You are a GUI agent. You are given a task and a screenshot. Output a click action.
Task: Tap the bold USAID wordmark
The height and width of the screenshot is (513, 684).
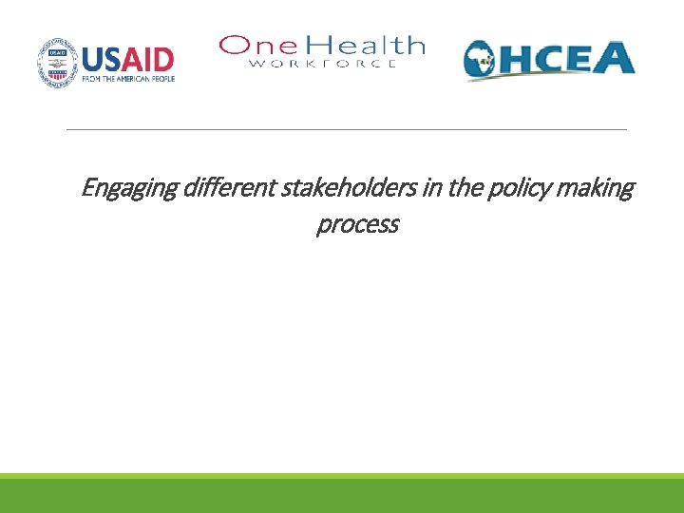128,59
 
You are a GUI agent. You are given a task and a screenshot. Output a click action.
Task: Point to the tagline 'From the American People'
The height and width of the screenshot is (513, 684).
128,81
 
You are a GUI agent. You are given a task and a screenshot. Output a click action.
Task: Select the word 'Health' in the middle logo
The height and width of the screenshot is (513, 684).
365,45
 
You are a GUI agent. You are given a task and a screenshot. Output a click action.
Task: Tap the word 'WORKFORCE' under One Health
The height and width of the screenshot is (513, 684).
322,64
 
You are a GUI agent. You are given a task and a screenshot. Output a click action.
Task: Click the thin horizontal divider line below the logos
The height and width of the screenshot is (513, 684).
347,129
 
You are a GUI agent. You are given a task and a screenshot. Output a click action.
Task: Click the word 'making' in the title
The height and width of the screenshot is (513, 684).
598,189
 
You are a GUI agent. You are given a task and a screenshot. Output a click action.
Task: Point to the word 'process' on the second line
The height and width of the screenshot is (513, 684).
357,225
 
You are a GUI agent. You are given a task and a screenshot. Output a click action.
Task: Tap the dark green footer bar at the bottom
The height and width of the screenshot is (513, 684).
342,497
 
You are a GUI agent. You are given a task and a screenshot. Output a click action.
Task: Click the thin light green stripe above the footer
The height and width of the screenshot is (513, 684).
342,476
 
